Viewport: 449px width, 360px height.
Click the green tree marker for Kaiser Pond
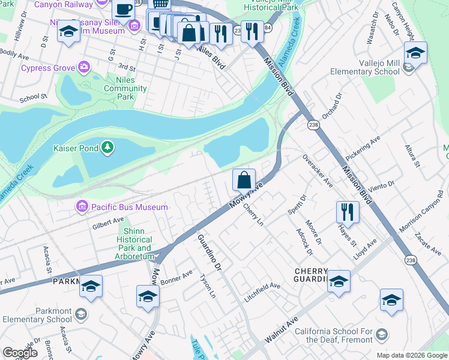[107, 147]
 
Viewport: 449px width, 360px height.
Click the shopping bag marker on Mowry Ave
[244, 179]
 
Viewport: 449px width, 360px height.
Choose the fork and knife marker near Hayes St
[348, 211]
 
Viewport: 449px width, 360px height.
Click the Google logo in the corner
[20, 353]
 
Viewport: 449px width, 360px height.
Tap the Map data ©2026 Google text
[411, 355]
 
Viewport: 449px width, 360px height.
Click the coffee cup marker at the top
[124, 10]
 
